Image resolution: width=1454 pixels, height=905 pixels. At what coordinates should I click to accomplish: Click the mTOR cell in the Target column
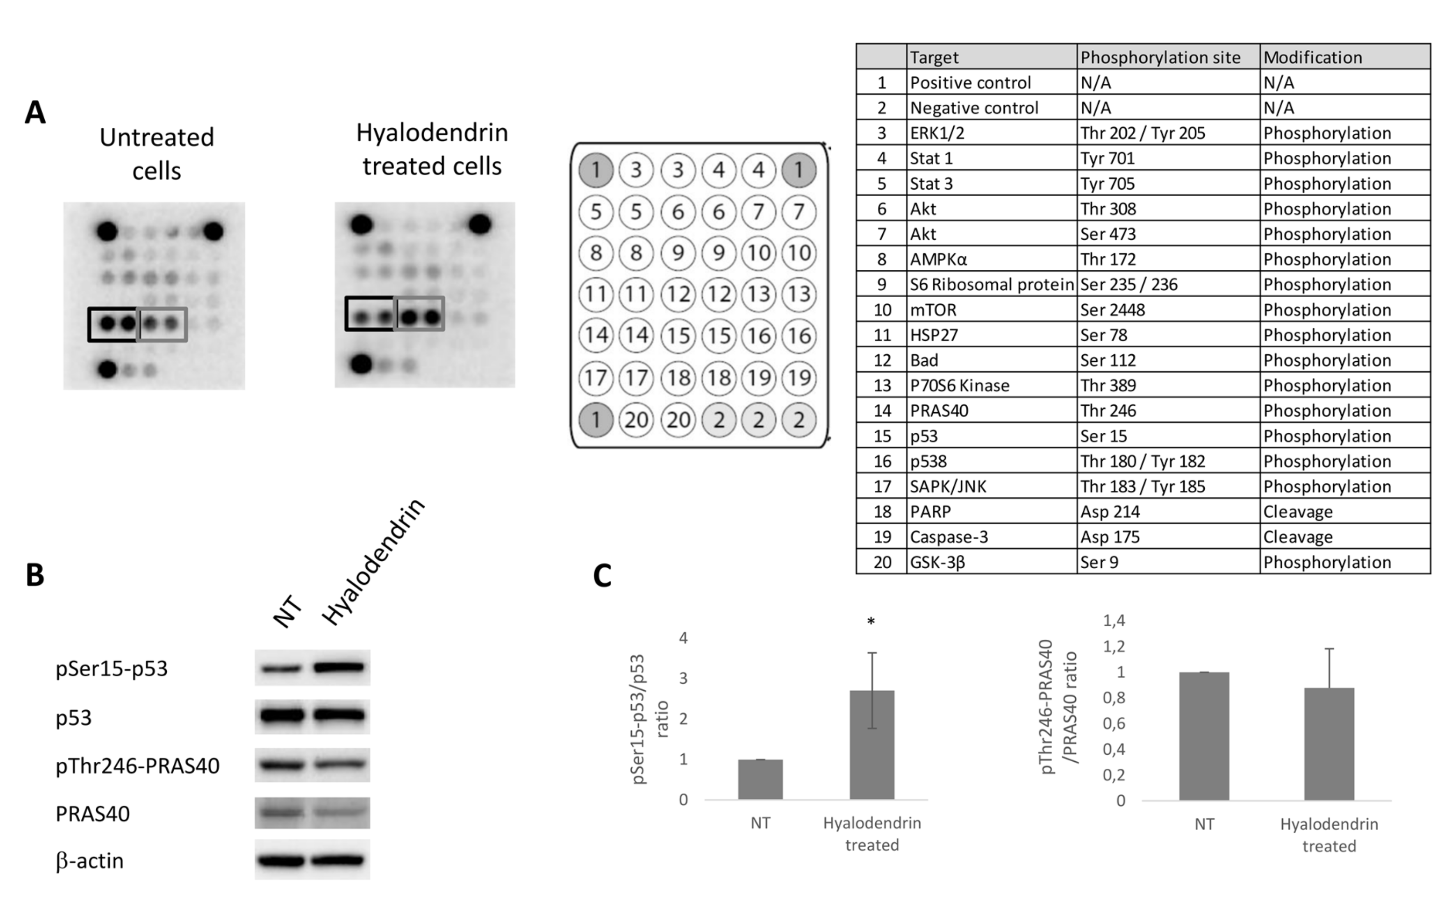[933, 310]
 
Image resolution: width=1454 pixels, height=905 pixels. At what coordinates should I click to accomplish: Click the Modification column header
[1312, 57]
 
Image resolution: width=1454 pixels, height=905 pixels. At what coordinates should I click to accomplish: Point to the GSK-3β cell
[937, 563]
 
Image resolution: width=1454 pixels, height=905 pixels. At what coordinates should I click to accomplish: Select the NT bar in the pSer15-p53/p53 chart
[760, 779]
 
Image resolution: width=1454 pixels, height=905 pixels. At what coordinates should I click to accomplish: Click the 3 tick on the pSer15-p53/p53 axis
[683, 678]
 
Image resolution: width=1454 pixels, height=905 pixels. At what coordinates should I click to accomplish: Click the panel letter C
[602, 576]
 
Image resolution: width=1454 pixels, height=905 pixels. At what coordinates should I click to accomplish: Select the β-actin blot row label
[90, 861]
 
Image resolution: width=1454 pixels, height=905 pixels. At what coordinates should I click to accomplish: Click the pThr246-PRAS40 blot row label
[138, 765]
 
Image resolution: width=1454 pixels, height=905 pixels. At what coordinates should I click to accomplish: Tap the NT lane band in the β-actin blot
[281, 861]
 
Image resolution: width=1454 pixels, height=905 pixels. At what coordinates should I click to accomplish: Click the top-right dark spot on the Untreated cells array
[214, 231]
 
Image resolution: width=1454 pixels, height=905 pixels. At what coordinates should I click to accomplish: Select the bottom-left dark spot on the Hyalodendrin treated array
[361, 363]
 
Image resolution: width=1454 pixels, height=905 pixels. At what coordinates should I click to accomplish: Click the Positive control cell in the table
[970, 83]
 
